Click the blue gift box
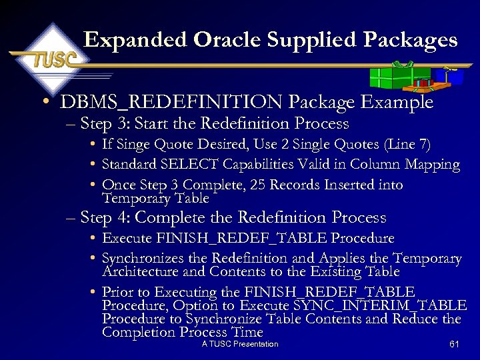click(455, 75)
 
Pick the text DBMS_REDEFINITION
click(172, 103)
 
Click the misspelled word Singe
click(130, 145)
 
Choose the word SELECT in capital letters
click(183, 165)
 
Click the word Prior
click(117, 292)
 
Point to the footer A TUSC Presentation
click(240, 344)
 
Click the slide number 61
click(455, 345)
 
